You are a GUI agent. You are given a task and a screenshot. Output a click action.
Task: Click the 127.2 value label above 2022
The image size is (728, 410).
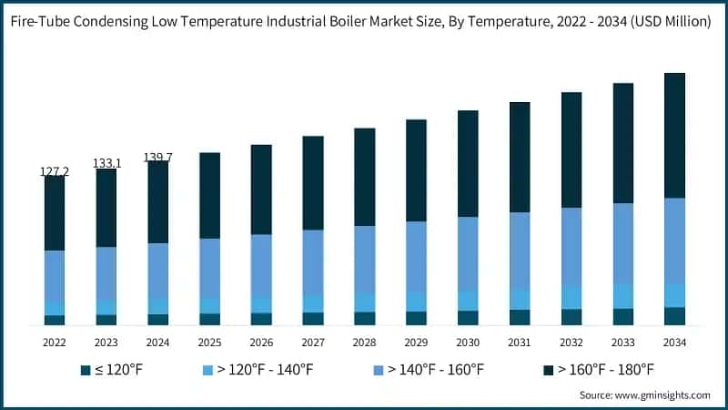pyautogui.click(x=55, y=171)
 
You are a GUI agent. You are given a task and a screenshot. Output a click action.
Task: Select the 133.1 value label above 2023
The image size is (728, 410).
pyautogui.click(x=106, y=163)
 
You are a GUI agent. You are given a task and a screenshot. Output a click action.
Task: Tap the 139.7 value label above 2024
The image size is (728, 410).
pyautogui.click(x=158, y=158)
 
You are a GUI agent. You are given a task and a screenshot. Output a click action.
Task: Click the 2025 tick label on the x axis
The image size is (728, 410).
pyautogui.click(x=209, y=343)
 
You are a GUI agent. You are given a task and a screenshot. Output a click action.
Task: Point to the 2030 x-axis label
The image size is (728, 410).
pyautogui.click(x=468, y=343)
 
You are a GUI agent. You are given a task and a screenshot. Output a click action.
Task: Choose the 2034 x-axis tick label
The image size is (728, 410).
pyautogui.click(x=674, y=343)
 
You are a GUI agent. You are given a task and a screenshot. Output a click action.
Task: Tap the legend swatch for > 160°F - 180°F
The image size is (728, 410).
pyautogui.click(x=549, y=370)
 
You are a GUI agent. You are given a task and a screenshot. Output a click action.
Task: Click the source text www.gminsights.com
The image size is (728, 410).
pyautogui.click(x=662, y=395)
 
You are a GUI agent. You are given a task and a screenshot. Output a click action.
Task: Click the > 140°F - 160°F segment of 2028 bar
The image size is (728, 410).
pyautogui.click(x=364, y=259)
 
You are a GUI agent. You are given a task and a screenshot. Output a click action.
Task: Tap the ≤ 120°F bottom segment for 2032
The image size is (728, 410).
pyautogui.click(x=571, y=316)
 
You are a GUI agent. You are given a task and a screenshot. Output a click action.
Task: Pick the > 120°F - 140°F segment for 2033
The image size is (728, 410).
pyautogui.click(x=622, y=296)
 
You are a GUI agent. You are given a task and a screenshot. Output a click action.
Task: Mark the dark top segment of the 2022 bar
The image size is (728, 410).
pyautogui.click(x=55, y=213)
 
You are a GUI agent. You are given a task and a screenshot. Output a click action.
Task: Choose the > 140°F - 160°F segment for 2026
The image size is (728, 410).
pyautogui.click(x=261, y=265)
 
